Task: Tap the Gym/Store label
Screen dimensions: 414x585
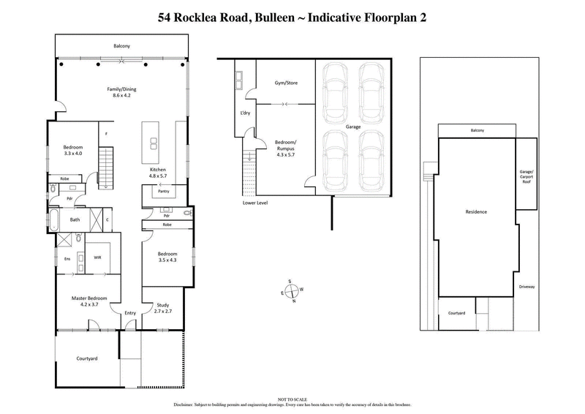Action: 284,83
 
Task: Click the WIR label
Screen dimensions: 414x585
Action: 98,257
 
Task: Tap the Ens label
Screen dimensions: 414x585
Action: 67,258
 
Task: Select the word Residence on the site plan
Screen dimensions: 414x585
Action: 476,212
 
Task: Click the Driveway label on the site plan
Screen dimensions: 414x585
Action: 526,287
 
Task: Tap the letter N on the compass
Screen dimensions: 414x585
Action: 294,301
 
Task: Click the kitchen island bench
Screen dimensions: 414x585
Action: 154,142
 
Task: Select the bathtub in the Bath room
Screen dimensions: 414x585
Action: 57,219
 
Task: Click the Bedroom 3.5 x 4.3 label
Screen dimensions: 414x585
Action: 167,257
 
